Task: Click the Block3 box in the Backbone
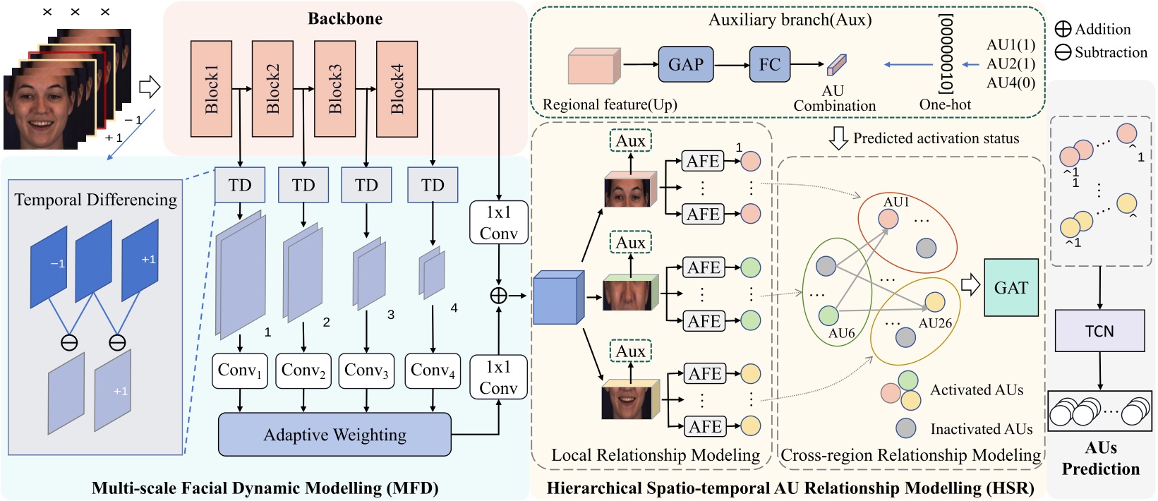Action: (334, 89)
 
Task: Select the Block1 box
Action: (211, 89)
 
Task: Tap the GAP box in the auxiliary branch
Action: (686, 65)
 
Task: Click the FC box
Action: (769, 65)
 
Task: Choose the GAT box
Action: (1011, 287)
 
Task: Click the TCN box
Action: (1099, 331)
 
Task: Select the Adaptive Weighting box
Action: (334, 435)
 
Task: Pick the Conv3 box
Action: (366, 371)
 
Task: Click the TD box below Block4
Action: (433, 185)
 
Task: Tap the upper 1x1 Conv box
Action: (498, 223)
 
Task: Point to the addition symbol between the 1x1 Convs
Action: (498, 296)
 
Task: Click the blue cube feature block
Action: (558, 298)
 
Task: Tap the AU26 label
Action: (935, 323)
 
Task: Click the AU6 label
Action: (841, 333)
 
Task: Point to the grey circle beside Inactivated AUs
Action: (906, 428)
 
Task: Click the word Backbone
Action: (345, 19)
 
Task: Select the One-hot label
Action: (945, 104)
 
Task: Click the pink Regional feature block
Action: (593, 66)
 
